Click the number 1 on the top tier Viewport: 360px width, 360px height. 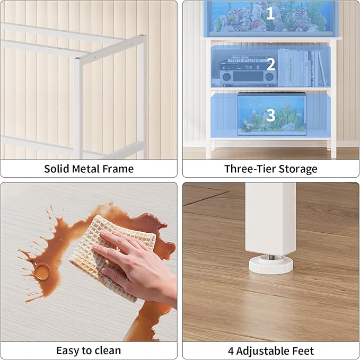(270, 13)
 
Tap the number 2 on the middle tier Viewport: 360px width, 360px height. (270, 64)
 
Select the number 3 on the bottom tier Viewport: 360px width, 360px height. (270, 115)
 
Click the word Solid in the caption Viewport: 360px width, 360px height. (57, 169)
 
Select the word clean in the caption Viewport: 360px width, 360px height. (107, 350)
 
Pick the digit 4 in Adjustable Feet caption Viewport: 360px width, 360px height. (231, 350)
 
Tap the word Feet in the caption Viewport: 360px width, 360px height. (303, 350)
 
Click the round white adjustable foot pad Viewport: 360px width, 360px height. (270, 265)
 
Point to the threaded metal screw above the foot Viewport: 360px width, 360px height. (270, 255)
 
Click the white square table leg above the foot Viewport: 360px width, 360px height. (271, 217)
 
